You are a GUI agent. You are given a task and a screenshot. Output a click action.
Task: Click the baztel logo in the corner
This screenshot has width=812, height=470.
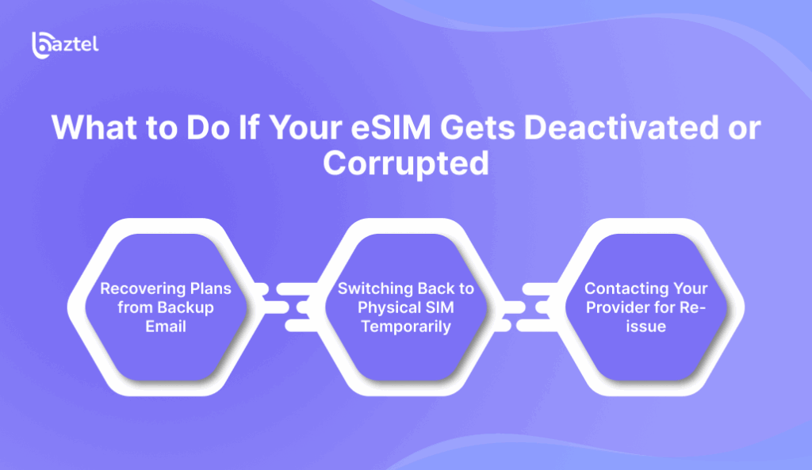click(65, 45)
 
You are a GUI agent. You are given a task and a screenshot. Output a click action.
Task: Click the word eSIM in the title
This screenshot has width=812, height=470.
click(390, 128)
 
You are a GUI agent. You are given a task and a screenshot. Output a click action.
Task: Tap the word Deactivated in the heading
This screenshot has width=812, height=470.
click(621, 128)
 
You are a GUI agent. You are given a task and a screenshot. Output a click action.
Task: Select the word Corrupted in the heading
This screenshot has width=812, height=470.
click(406, 164)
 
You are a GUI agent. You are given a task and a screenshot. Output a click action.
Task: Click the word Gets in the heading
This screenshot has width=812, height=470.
click(477, 128)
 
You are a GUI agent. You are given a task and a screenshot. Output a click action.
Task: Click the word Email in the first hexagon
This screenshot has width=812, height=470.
click(166, 327)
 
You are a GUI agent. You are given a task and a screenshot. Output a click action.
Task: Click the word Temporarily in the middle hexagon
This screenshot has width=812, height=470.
click(406, 327)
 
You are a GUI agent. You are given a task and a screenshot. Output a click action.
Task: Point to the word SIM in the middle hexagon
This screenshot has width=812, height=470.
click(439, 308)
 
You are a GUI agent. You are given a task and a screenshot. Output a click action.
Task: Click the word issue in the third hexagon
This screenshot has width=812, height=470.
click(645, 327)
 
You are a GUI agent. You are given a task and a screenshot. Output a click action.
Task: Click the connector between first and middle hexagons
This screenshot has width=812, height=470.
click(287, 308)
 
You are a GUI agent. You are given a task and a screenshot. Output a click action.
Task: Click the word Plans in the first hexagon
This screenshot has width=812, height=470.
click(211, 288)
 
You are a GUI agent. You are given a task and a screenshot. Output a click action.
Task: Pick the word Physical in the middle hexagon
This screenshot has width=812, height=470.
click(389, 308)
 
